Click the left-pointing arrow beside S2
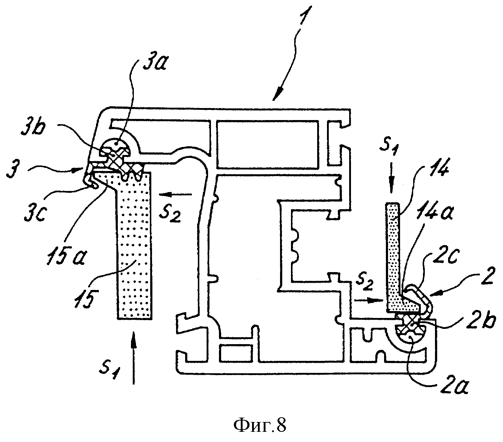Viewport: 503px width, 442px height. (x=175, y=194)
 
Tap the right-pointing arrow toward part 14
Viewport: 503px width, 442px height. (x=368, y=300)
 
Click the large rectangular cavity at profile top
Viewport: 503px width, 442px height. (x=267, y=144)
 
